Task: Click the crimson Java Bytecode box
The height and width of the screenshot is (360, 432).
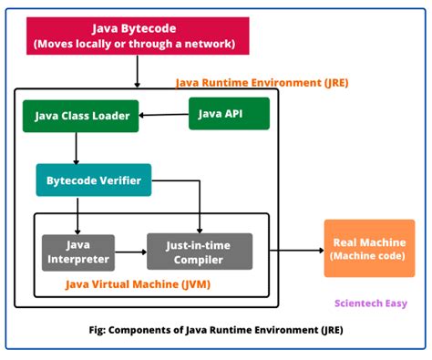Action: [134, 36]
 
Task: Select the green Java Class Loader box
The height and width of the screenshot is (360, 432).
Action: [81, 116]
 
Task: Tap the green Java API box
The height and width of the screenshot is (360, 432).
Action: [228, 113]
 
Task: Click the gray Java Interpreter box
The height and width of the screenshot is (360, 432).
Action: [77, 252]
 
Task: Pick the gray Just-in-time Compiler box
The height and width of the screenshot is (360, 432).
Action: [200, 252]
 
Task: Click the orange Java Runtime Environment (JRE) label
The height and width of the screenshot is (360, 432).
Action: [262, 82]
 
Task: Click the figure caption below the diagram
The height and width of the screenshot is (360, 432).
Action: [217, 330]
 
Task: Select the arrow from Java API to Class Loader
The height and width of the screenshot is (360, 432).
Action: [164, 115]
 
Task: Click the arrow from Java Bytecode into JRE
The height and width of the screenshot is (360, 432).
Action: [137, 71]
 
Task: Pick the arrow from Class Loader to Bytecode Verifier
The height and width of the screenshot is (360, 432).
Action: [77, 148]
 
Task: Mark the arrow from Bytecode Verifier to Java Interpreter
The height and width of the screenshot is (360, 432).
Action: [77, 214]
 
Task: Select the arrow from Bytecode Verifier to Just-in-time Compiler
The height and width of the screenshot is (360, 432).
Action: [200, 205]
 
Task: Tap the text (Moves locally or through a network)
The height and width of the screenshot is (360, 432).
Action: [134, 44]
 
